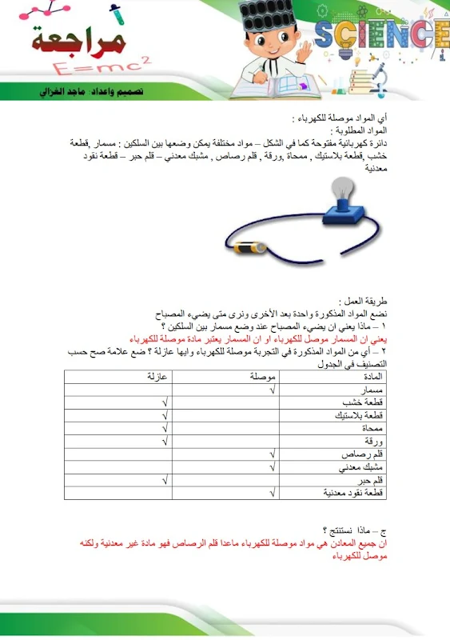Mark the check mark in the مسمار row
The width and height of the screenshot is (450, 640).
[x=272, y=389]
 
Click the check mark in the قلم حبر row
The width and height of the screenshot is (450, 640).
[x=164, y=480]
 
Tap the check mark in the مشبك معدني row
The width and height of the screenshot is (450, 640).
[x=272, y=467]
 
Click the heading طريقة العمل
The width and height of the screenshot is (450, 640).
[x=364, y=302]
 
